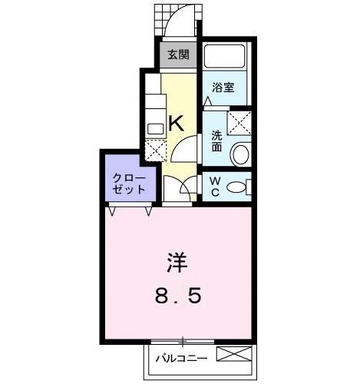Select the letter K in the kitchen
[176, 121]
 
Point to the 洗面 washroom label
[217, 141]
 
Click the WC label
[216, 187]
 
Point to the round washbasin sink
[241, 154]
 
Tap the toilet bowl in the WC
[240, 187]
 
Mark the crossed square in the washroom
[239, 121]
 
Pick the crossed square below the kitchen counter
[154, 149]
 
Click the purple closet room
[123, 178]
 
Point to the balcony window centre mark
[183, 340]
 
